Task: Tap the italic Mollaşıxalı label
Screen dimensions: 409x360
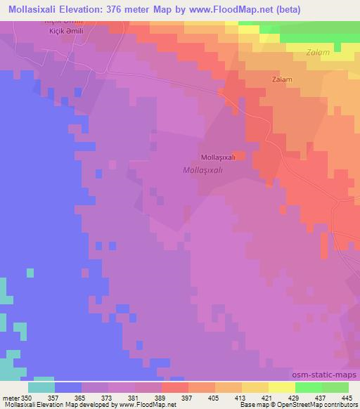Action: [x=202, y=170]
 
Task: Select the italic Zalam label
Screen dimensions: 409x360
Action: [x=319, y=52]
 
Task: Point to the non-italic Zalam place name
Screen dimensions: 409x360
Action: [x=282, y=80]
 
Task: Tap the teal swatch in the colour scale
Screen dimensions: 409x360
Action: [x=41, y=387]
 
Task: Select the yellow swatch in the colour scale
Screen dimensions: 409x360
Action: [x=282, y=387]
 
